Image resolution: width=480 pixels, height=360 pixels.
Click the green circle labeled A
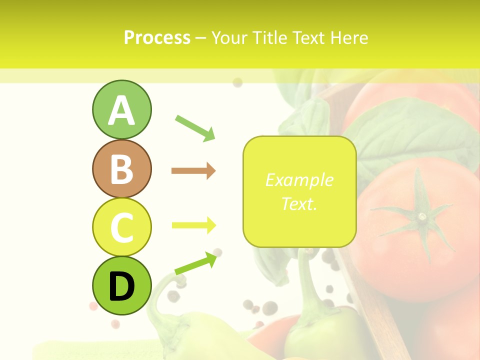(x=121, y=109)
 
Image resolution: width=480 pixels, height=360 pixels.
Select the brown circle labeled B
(x=121, y=169)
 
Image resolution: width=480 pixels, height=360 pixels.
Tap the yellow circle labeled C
(x=121, y=227)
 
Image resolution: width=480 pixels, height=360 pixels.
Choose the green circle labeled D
(x=121, y=285)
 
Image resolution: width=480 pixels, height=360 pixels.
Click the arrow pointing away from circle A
(x=195, y=127)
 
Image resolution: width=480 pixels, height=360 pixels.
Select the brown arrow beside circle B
(x=193, y=171)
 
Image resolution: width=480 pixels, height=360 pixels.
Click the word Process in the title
(x=157, y=37)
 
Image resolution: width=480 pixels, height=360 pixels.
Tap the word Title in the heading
(x=272, y=37)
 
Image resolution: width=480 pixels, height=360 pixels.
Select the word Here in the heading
(x=349, y=37)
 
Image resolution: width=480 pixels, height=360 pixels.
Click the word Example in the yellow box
(x=299, y=180)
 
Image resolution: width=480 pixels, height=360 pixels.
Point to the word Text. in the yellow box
(x=299, y=203)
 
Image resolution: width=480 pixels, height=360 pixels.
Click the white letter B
(x=121, y=169)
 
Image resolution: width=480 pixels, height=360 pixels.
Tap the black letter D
(x=121, y=286)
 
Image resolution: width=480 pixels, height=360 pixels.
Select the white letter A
(x=121, y=110)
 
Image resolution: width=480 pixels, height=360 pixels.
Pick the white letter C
(x=121, y=227)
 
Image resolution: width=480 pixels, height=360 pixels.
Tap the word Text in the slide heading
(x=310, y=37)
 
